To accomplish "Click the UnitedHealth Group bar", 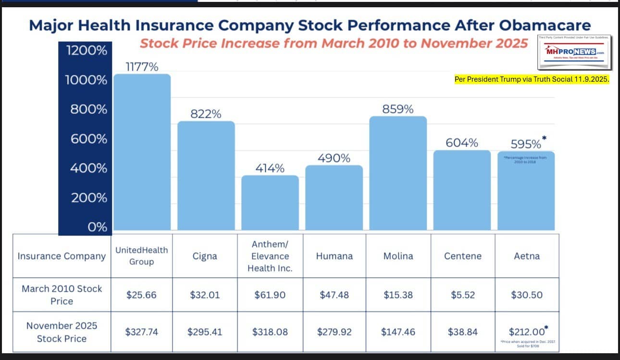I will [142, 152].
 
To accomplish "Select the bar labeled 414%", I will [270, 202].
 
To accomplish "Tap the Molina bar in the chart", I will [397, 173].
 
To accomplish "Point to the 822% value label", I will [206, 114].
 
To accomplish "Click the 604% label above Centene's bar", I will [461, 143].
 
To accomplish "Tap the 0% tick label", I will [97, 227].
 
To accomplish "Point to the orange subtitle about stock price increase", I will [334, 43].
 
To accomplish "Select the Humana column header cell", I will [334, 256].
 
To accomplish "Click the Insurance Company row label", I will [62, 256].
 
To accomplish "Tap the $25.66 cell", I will [141, 295].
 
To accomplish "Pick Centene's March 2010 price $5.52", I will [462, 295].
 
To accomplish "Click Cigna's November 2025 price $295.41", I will [206, 332].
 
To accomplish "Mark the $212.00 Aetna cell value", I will [526, 332].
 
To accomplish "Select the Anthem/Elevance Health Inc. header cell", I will [270, 256].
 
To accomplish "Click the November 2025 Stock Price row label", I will [62, 332].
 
